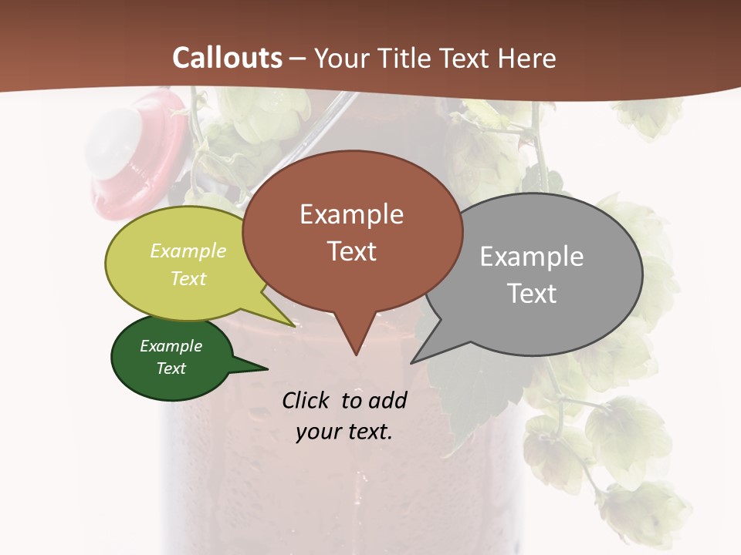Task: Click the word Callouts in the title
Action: [x=227, y=58]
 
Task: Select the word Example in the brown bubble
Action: [x=351, y=214]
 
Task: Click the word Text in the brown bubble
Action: [x=351, y=251]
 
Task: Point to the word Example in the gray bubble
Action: [x=532, y=257]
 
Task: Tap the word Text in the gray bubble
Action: [x=532, y=294]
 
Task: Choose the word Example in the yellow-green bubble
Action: [x=188, y=251]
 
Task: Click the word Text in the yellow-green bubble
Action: [x=188, y=278]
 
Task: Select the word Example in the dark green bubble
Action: [x=171, y=346]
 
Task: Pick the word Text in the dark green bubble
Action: [x=171, y=368]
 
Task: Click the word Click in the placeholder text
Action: [x=307, y=400]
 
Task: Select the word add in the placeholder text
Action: [x=387, y=400]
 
